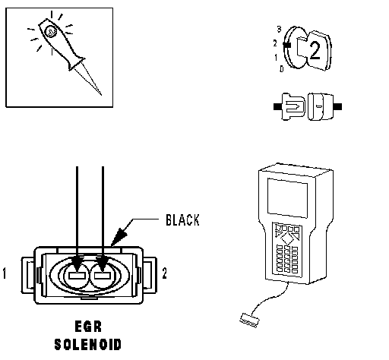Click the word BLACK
coord(182,220)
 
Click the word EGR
coord(88,327)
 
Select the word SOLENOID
coord(88,344)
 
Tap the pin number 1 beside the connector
coord(4,273)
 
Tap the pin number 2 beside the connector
coord(165,273)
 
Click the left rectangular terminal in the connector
coord(77,276)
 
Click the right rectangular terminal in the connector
coord(102,276)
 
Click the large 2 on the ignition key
coord(315,51)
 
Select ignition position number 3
coord(279,30)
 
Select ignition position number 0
coord(282,69)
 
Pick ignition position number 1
coord(276,58)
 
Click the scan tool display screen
coord(288,197)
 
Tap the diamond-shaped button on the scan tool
coord(287,238)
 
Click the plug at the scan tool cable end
coord(249,321)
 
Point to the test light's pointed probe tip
coord(101,95)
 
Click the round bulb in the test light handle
coord(51,32)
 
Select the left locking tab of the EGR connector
coord(28,275)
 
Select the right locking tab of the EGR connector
coord(150,275)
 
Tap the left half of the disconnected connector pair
coord(290,106)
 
